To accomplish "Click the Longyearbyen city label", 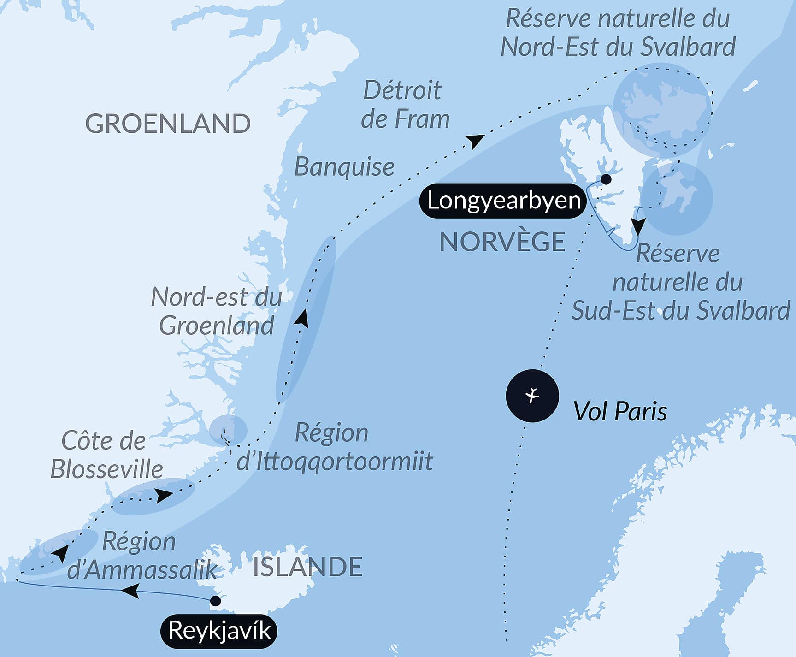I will click(503, 201).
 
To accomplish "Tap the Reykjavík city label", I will click(219, 631).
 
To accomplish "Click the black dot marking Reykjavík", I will click(215, 601).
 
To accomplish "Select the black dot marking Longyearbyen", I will click(606, 179).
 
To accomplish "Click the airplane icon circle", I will click(532, 396).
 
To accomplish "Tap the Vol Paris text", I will click(620, 411).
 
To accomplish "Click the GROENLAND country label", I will click(168, 124).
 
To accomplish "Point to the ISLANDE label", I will click(307, 567).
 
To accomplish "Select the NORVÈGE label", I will click(502, 242).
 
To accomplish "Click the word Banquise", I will click(344, 166).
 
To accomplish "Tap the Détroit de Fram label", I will click(405, 105).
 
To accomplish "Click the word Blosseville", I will click(106, 469).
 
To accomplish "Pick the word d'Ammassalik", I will click(142, 570).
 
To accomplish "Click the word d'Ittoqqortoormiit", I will click(335, 461).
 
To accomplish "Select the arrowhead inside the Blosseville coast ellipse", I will click(163, 496).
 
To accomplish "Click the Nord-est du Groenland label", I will click(217, 311).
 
